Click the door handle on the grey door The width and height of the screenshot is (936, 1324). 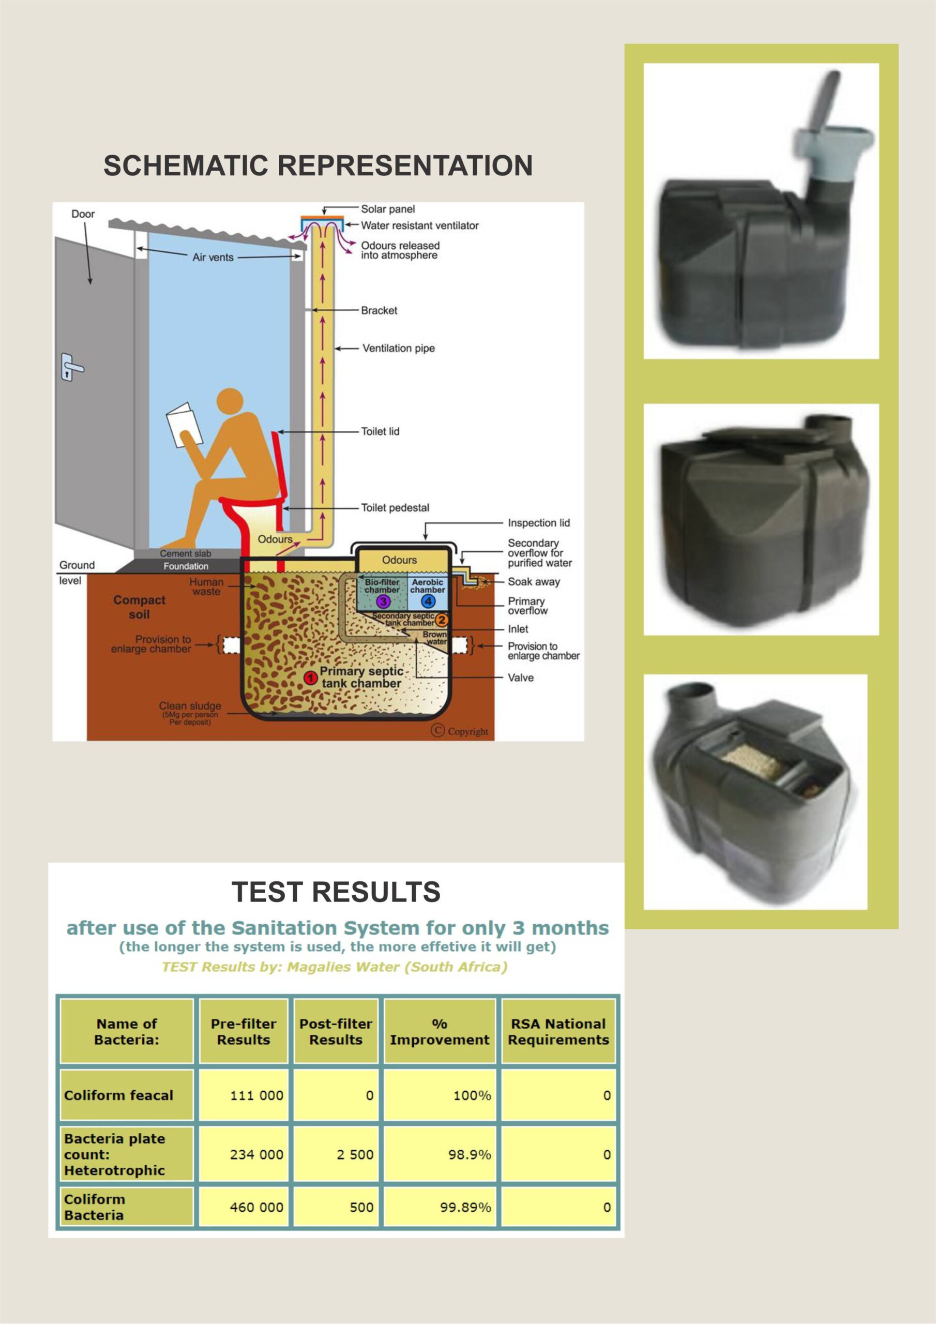point(71,367)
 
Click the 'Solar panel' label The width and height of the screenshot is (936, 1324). point(387,209)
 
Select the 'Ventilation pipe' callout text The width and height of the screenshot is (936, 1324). point(399,348)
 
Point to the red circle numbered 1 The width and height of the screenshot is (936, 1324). point(310,678)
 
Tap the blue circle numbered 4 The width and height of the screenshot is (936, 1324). point(427,601)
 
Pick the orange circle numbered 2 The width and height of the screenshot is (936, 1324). point(442,621)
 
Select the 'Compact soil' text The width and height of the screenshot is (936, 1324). point(139,607)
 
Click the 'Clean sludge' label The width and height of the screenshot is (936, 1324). point(190,706)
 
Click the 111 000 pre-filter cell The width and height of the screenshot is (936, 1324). point(244,1095)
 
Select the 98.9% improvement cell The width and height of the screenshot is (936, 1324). point(440,1154)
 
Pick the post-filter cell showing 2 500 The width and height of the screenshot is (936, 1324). point(336,1154)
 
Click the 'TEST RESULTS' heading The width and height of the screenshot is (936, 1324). point(336,892)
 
